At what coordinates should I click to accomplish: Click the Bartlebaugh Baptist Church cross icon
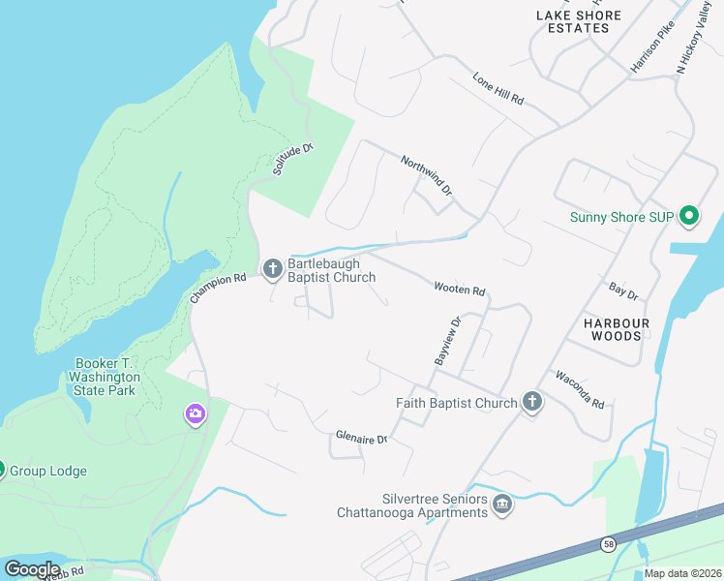coord(272,267)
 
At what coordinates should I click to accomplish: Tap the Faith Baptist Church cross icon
coord(531,403)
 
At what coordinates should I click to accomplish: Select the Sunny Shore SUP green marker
coord(689,216)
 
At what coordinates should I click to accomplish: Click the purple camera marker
coord(196,414)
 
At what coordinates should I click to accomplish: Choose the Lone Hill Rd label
coord(498,88)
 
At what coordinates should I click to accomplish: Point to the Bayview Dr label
coord(446,340)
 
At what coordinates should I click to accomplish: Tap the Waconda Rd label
coord(579,389)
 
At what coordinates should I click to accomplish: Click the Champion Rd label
coord(220,288)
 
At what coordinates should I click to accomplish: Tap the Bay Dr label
coord(624,290)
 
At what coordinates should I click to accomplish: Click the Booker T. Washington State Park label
coord(106,377)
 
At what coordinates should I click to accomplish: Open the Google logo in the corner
coord(32,569)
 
